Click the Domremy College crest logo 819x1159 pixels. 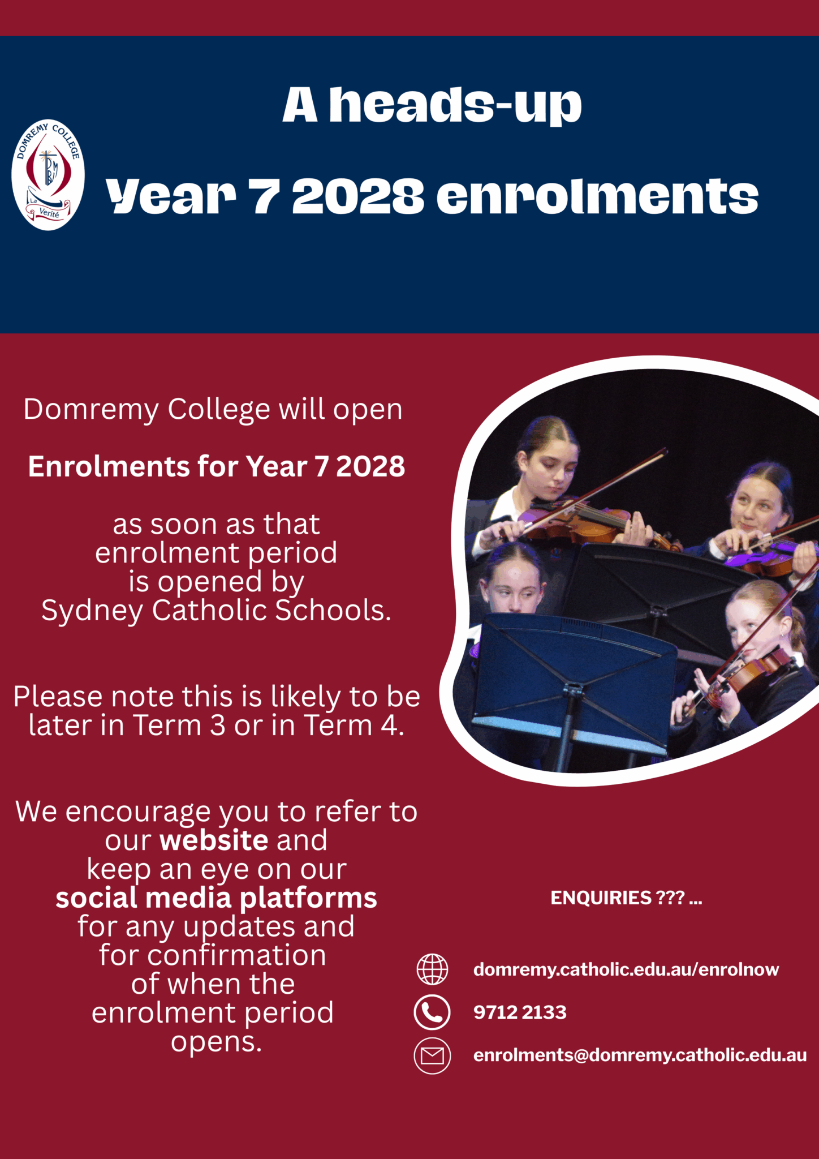click(48, 175)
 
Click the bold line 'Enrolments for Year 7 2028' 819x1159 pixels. click(217, 467)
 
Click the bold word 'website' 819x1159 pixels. click(214, 840)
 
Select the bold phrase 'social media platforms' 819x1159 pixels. click(216, 898)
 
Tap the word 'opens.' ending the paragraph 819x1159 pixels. click(217, 1041)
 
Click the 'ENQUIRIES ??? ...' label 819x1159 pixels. click(626, 898)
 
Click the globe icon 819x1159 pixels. click(432, 969)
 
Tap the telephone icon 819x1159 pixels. click(432, 1012)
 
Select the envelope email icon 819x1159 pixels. click(432, 1056)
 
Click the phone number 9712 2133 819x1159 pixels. click(520, 1012)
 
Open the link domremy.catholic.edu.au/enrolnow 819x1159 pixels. click(626, 970)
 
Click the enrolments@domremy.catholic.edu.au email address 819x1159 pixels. click(640, 1055)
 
